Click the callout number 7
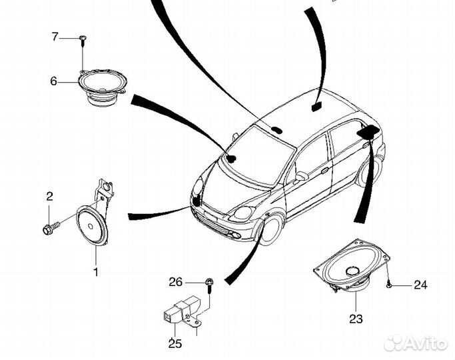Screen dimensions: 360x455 [x=55, y=37]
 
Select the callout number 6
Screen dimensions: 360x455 [x=53, y=82]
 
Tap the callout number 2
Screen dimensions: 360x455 [x=49, y=196]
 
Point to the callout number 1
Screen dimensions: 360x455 [x=95, y=271]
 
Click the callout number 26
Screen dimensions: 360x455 [x=175, y=282]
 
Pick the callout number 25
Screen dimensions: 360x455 [x=174, y=343]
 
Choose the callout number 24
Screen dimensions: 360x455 [x=420, y=285]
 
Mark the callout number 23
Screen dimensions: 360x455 [x=356, y=319]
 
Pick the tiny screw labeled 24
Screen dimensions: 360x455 [x=388, y=285]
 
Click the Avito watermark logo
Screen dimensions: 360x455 [x=417, y=343]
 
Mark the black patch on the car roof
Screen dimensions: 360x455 [x=316, y=105]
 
